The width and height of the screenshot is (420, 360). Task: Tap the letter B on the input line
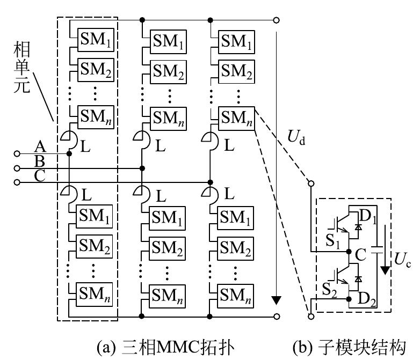tap(39, 160)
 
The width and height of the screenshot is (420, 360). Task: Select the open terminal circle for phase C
tap(17, 182)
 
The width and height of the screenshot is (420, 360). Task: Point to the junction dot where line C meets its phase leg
tap(210, 182)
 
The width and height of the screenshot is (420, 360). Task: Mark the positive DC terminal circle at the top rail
tap(276, 20)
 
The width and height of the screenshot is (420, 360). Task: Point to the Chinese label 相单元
tap(23, 70)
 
